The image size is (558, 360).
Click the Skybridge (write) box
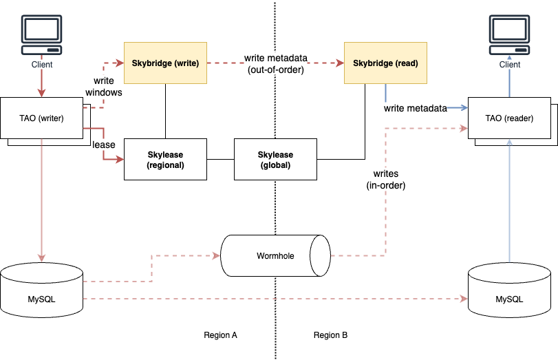click(x=165, y=63)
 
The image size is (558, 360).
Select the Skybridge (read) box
click(x=385, y=63)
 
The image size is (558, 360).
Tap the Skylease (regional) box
click(x=165, y=160)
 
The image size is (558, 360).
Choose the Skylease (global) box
click(x=275, y=160)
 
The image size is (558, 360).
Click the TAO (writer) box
click(x=41, y=118)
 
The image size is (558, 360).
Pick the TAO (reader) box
click(x=508, y=118)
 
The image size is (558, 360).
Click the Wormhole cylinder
click(x=275, y=255)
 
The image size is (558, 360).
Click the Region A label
click(x=220, y=335)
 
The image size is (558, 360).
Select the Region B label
click(x=330, y=335)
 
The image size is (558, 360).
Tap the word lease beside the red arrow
click(x=104, y=145)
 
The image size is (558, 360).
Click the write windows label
click(x=108, y=86)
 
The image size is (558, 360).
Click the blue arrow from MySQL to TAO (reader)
click(x=509, y=200)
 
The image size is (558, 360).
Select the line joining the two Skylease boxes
click(x=220, y=160)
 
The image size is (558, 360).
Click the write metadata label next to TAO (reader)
click(x=416, y=108)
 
